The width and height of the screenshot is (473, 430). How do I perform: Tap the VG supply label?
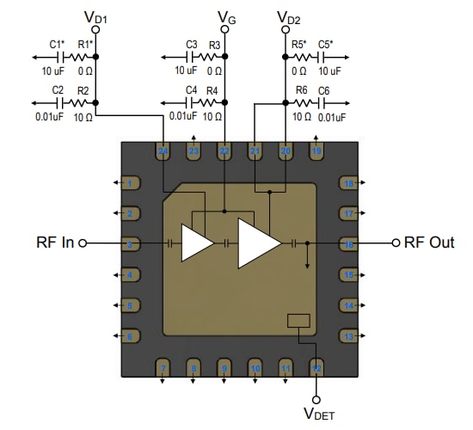coord(225,17)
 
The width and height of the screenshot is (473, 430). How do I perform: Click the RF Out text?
coord(429,243)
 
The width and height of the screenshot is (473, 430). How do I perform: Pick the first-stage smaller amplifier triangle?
coord(197,243)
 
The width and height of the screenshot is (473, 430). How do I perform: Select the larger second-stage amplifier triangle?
coord(259,243)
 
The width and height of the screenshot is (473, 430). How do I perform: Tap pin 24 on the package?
coord(163,151)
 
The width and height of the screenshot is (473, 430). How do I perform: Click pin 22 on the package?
coord(224,151)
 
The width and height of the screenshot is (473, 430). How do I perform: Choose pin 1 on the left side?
coord(129,182)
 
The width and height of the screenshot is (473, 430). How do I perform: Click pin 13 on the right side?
coord(348,336)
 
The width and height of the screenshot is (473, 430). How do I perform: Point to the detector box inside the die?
coord(298,321)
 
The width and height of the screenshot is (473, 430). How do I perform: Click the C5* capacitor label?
coord(325,43)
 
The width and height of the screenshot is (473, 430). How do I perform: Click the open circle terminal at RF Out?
coord(396,243)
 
